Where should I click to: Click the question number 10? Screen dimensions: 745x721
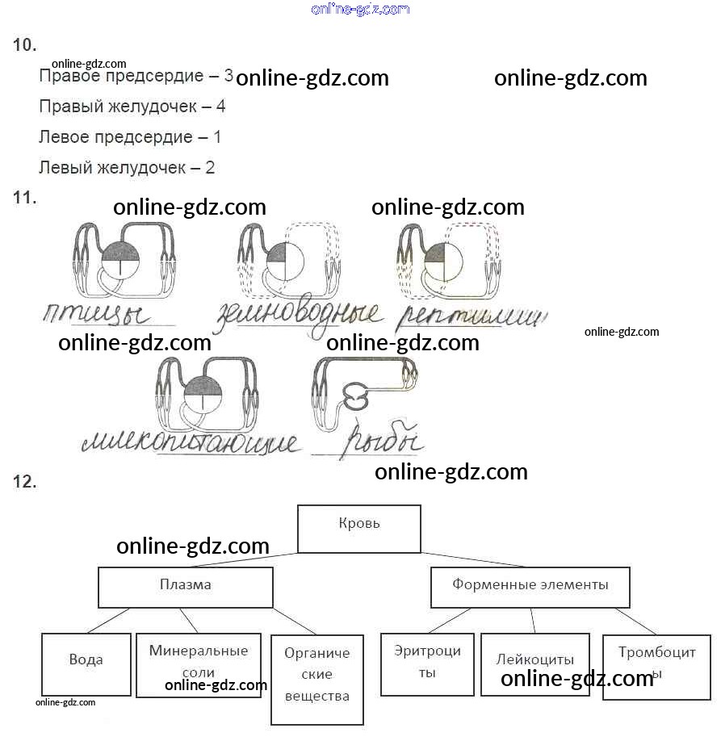click(x=25, y=45)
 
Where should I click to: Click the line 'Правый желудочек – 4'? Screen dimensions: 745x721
click(x=132, y=107)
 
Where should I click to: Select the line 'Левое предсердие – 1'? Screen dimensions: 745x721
click(x=129, y=137)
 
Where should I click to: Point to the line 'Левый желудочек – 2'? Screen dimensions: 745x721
click(x=126, y=168)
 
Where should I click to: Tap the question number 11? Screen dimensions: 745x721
click(x=25, y=197)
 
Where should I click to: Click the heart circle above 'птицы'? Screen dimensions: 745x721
click(x=121, y=261)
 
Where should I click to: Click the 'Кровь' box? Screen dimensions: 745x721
click(x=359, y=529)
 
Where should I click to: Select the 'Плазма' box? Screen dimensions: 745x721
click(x=185, y=587)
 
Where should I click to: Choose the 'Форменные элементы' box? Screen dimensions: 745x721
click(x=530, y=587)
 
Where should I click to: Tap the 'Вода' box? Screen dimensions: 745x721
click(x=86, y=663)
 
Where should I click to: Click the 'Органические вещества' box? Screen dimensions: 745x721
click(x=317, y=680)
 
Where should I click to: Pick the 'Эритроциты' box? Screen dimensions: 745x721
click(x=427, y=663)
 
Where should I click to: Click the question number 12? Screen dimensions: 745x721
click(x=25, y=482)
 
